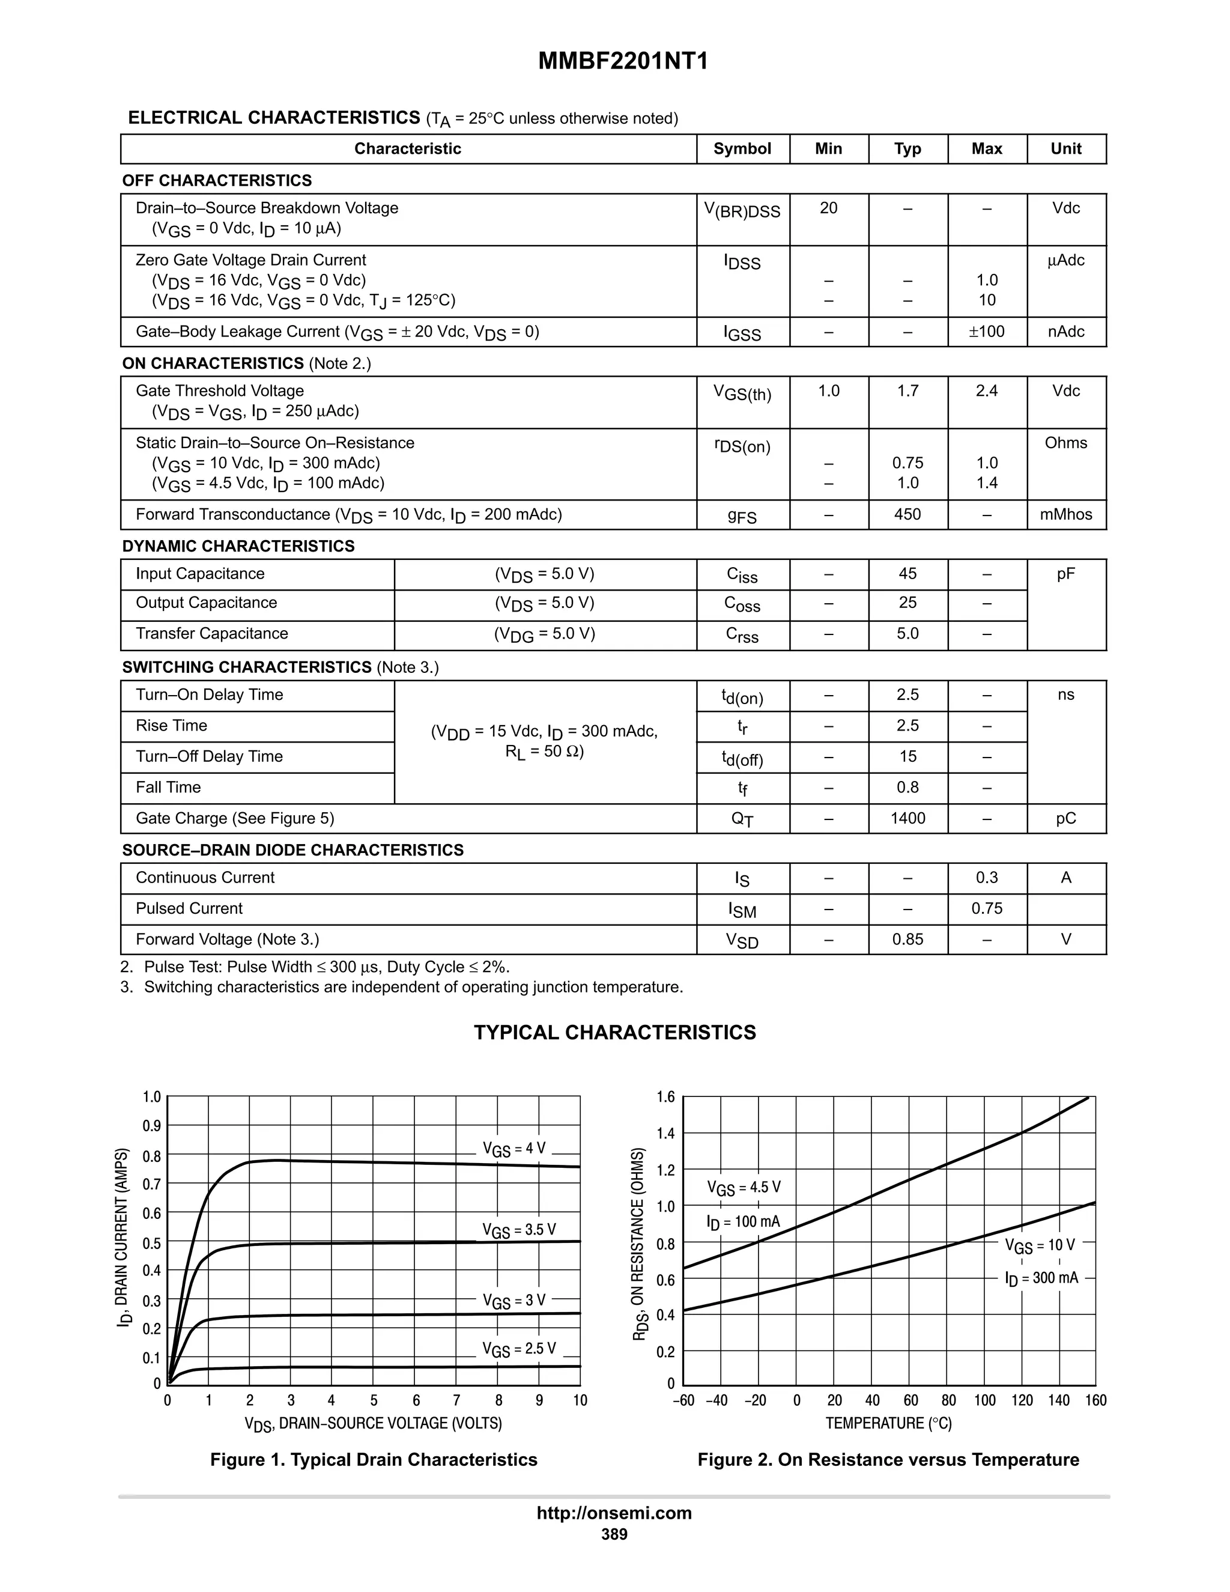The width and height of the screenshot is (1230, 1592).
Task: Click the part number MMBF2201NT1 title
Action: coord(622,61)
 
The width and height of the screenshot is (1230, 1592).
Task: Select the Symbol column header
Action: coord(742,149)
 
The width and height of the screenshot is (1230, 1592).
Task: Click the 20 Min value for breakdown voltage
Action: coord(828,208)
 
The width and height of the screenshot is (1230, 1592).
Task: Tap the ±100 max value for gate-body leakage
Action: coord(987,332)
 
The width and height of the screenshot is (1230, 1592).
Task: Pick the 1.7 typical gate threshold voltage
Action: coord(907,392)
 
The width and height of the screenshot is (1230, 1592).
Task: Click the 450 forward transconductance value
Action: coord(907,515)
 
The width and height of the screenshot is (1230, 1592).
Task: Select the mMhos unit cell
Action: coord(1065,515)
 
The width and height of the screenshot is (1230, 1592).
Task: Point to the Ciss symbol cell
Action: coord(742,575)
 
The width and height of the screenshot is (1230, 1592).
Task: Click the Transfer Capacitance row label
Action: coord(212,633)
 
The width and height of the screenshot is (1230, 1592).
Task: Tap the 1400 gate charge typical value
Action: coord(907,819)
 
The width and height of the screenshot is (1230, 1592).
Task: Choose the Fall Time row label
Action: coord(168,787)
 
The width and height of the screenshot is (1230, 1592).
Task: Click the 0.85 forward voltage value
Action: coord(907,940)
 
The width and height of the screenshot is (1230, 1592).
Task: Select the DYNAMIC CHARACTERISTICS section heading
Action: coord(238,546)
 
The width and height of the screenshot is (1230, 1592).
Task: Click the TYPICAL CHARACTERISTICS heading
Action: coord(614,1033)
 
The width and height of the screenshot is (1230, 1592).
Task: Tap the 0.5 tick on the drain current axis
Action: coord(151,1243)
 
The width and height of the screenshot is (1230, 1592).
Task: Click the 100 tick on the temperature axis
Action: coord(984,1400)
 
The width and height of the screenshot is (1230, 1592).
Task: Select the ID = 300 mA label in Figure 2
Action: coord(1041,1278)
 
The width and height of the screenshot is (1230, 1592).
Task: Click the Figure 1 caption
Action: coord(374,1460)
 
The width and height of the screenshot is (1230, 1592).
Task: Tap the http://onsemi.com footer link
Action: coord(614,1513)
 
